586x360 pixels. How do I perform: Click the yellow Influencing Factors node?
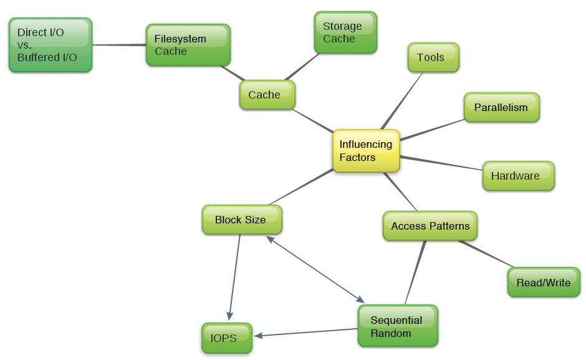[366, 151]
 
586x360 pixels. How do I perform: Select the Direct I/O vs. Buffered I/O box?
[50, 45]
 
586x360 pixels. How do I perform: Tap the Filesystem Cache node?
[188, 45]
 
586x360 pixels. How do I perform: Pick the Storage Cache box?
[345, 32]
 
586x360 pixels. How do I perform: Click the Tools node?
[433, 57]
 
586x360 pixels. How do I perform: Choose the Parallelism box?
[501, 107]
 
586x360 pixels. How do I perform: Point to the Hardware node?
[518, 176]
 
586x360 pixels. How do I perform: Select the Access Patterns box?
[430, 226]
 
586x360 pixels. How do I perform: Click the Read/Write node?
[544, 283]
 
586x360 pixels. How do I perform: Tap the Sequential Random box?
[398, 326]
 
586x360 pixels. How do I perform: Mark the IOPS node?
[226, 338]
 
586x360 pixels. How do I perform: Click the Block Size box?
[242, 220]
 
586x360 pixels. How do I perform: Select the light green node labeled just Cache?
[267, 95]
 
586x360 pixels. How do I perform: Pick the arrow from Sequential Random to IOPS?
[305, 333]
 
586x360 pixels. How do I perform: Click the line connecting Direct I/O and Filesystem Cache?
[118, 45]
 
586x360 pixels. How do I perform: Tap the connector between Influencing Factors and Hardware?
[441, 163]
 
